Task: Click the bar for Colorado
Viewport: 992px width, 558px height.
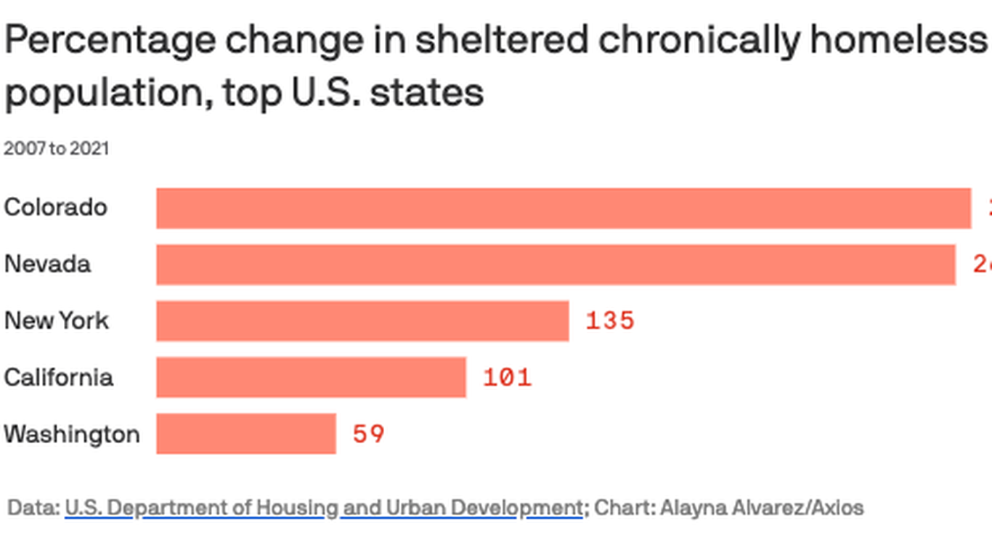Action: coord(564,208)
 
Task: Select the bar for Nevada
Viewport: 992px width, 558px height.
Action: coord(556,264)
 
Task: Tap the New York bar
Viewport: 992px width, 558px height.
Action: coord(362,320)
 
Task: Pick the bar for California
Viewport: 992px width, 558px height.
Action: coord(311,377)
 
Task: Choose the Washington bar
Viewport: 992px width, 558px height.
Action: coord(246,434)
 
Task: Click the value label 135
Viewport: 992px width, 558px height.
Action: coord(610,320)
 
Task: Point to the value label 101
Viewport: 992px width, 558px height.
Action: coord(507,377)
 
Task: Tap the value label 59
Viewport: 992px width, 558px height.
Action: coord(368,434)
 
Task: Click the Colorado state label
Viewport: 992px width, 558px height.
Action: coord(56,208)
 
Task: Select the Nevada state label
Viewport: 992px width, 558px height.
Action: coord(48,264)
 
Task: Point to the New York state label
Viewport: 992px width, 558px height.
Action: coord(57,320)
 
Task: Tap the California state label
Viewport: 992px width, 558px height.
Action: coord(59,377)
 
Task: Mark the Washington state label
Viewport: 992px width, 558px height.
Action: coord(72,434)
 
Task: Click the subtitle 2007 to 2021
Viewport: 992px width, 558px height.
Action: coord(57,148)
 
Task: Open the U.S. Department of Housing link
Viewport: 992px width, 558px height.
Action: coord(323,507)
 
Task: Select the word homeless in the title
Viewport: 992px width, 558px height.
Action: coord(898,41)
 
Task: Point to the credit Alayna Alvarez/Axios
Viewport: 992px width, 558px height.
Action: coord(762,507)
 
